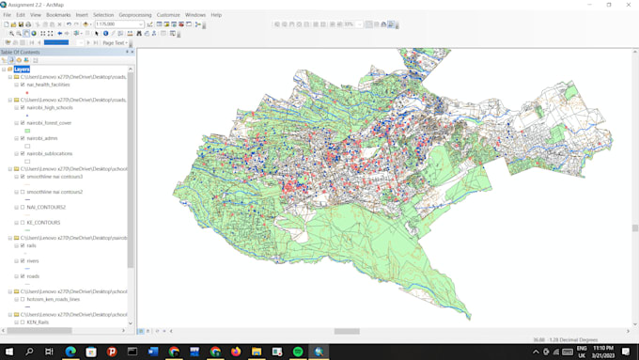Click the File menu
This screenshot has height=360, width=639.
point(8,15)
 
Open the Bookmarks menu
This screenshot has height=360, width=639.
point(58,15)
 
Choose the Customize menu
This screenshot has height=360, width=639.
point(168,15)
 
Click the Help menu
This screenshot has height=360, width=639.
point(216,15)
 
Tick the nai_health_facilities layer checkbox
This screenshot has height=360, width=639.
point(22,85)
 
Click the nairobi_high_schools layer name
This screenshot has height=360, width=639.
point(50,107)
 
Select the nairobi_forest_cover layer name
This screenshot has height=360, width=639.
point(49,122)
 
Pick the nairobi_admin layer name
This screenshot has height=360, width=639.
point(42,138)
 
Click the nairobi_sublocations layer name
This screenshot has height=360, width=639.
point(50,153)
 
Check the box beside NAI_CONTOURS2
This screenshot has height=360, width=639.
point(22,207)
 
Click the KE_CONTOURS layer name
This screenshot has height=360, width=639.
point(43,222)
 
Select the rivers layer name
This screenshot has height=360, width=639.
point(34,260)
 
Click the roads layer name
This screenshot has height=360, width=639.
point(34,276)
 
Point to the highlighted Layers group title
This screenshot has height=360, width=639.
point(22,69)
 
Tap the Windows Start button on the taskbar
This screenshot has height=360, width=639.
point(9,352)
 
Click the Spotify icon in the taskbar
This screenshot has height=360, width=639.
point(298,352)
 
